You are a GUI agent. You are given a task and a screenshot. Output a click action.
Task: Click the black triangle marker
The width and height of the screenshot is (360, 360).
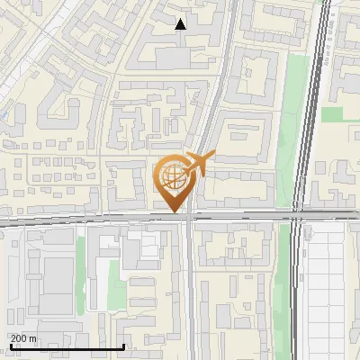pyautogui.click(x=181, y=24)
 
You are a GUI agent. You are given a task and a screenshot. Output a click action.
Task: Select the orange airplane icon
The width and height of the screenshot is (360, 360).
pyautogui.click(x=200, y=163)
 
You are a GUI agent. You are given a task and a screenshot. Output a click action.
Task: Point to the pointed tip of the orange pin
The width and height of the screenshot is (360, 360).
pyautogui.click(x=174, y=212)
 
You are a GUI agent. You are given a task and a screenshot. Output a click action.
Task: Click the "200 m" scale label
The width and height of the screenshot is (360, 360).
pyautogui.click(x=24, y=338)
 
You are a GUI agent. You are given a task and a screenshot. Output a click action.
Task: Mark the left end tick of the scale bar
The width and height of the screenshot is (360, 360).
pyautogui.click(x=10, y=346)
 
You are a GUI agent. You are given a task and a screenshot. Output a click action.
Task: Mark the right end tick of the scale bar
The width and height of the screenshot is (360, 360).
pyautogui.click(x=123, y=346)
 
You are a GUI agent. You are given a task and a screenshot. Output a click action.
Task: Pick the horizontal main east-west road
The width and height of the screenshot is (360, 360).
pyautogui.click(x=90, y=219)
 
